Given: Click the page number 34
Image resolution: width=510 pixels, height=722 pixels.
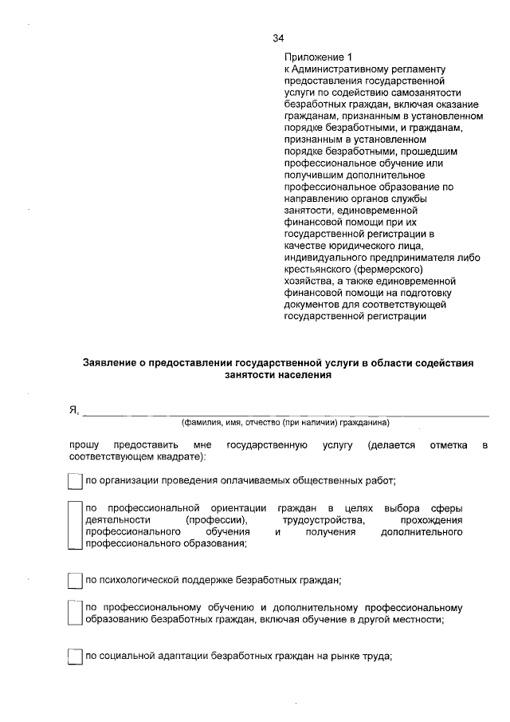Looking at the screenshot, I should [x=278, y=38].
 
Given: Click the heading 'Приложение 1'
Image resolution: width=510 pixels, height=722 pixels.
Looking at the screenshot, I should [x=318, y=58].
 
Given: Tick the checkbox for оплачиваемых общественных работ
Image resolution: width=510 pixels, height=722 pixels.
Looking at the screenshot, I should [x=75, y=480].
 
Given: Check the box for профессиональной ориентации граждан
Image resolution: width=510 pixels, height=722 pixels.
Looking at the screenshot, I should [x=75, y=526].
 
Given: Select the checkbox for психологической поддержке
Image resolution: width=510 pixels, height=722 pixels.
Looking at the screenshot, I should [x=75, y=580].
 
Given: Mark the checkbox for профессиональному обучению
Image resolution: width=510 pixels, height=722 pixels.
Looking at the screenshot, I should [x=75, y=613].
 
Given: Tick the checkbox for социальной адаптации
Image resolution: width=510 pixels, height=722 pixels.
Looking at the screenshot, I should [x=75, y=657].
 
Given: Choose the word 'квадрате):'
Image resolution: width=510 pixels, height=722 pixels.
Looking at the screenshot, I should [x=182, y=457].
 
